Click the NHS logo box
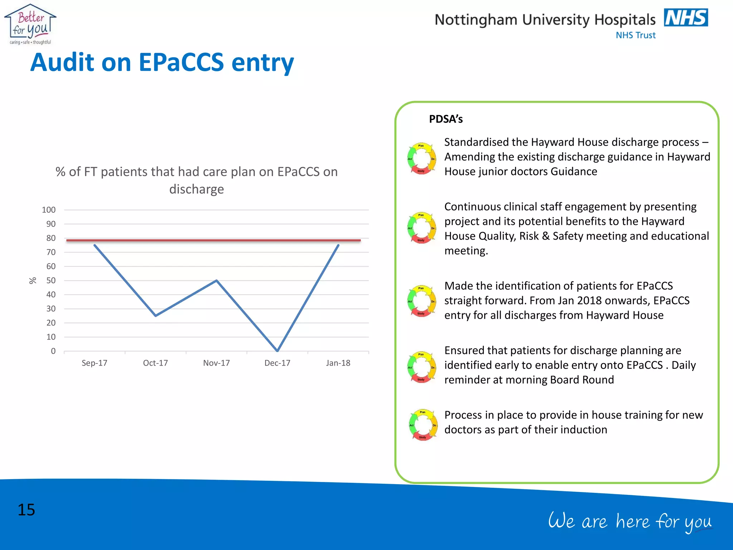click(x=686, y=18)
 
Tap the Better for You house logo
click(x=30, y=24)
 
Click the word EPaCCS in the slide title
click(x=181, y=62)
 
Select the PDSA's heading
click(x=446, y=119)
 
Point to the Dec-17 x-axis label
click(x=277, y=363)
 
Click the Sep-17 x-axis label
click(x=94, y=363)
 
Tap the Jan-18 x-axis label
click(x=338, y=363)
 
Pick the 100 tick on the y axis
click(x=49, y=210)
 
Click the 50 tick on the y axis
click(x=51, y=280)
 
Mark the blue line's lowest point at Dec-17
click(x=277, y=351)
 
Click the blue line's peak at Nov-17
click(x=217, y=280)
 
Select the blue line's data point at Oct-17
click(x=155, y=315)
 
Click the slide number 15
click(x=26, y=510)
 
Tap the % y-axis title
click(x=33, y=280)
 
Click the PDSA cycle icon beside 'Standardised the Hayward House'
click(x=422, y=158)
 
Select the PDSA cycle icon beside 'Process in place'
click(x=423, y=425)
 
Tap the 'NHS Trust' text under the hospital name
click(x=636, y=35)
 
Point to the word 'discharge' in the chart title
click(x=196, y=189)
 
